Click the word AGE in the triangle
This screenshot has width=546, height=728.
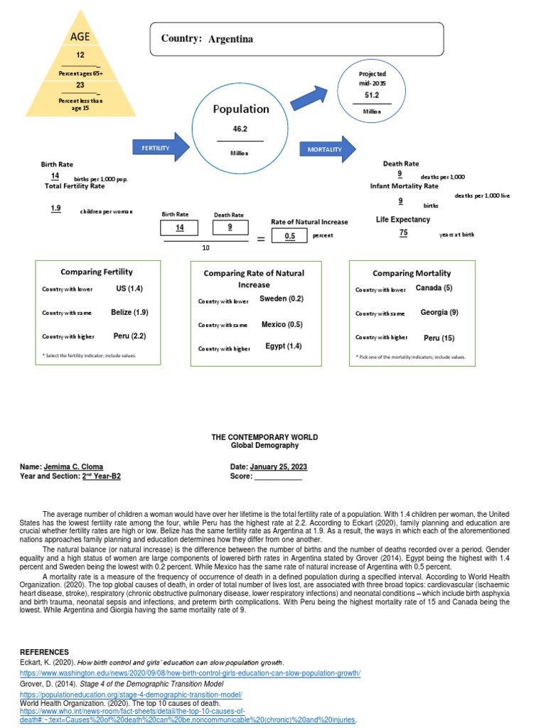(80, 36)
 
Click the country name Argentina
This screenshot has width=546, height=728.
(230, 39)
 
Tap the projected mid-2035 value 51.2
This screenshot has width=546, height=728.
(373, 95)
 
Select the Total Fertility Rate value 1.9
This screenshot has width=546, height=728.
(55, 208)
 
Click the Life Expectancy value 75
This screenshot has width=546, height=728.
(403, 232)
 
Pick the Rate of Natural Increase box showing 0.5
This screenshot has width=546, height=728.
(289, 236)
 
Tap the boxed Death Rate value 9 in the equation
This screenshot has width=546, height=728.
(229, 227)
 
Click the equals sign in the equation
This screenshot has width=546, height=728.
(260, 240)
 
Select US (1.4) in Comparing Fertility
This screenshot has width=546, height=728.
(129, 289)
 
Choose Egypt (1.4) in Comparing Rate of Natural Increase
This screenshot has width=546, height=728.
(283, 346)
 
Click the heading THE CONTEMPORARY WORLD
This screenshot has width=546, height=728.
(264, 437)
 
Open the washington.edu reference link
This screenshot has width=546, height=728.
(190, 673)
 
